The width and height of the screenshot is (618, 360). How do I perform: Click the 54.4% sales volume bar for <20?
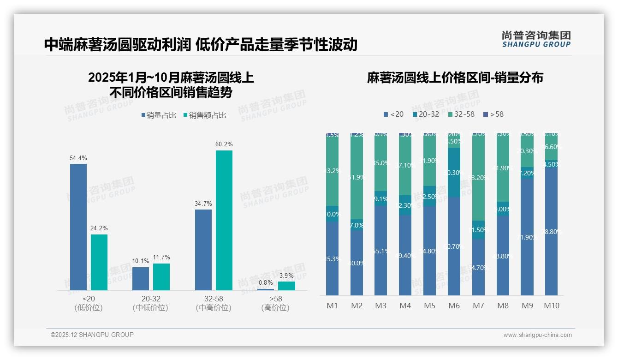pyautogui.click(x=78, y=227)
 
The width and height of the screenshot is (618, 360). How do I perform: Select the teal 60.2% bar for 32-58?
pyautogui.click(x=224, y=221)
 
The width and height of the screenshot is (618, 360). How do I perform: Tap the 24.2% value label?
pyautogui.click(x=99, y=228)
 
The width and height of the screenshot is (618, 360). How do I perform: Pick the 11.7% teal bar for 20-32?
pyautogui.click(x=161, y=277)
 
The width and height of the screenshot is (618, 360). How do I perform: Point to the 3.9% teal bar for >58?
pyautogui.click(x=286, y=286)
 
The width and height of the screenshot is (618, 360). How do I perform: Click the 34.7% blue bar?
pyautogui.click(x=203, y=250)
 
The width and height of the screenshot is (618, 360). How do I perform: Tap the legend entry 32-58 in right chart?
pyautogui.click(x=461, y=114)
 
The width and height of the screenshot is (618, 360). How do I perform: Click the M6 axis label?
pyautogui.click(x=454, y=306)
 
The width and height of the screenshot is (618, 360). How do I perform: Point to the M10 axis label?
pyautogui.click(x=552, y=306)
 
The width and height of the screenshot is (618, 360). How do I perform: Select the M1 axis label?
pyautogui.click(x=333, y=306)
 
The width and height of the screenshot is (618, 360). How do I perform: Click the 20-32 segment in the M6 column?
pyautogui.click(x=454, y=173)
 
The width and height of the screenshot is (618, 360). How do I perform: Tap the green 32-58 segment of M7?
pyautogui.click(x=479, y=178)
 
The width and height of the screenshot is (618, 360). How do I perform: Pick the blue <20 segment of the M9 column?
pyautogui.click(x=527, y=237)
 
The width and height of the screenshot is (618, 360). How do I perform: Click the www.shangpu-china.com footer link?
pyautogui.click(x=537, y=335)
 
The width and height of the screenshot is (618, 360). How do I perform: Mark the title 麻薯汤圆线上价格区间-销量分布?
pyautogui.click(x=455, y=78)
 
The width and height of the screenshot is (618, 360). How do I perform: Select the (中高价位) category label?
pyautogui.click(x=213, y=308)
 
